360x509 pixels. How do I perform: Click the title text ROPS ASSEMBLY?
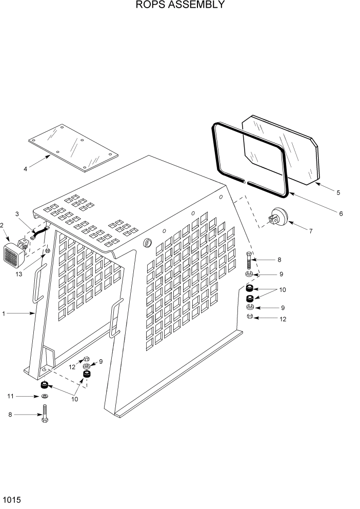pyautogui.click(x=179, y=6)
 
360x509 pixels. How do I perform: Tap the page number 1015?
pyautogui.click(x=11, y=499)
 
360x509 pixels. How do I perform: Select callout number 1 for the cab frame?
pyautogui.click(x=4, y=312)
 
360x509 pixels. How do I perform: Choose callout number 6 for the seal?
pyautogui.click(x=341, y=213)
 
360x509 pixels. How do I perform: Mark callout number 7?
pyautogui.click(x=311, y=231)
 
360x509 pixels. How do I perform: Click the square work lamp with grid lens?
pyautogui.click(x=14, y=255)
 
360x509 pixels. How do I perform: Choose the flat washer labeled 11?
pyautogui.click(x=45, y=397)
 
